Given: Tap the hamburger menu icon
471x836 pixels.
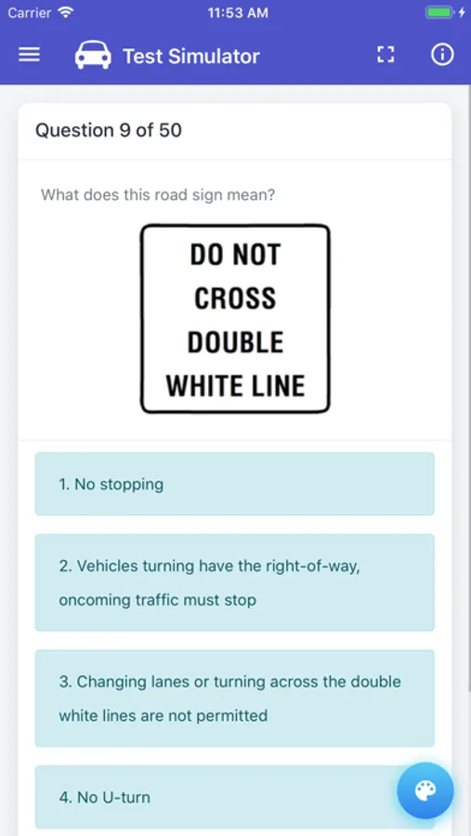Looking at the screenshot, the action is pos(30,55).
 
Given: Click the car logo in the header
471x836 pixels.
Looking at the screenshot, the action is pos(93,55).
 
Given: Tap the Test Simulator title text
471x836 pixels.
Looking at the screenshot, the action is pos(191,56).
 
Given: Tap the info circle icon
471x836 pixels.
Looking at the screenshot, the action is pos(442,55).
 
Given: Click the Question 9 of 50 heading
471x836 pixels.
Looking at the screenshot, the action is pos(109,131).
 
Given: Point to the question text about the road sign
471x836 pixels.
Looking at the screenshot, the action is pos(158,195).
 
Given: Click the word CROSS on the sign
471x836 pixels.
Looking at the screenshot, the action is pos(235,298).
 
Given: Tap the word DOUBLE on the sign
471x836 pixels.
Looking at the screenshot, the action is pos(235,342).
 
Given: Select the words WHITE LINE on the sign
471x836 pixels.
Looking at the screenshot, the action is pos(235,385).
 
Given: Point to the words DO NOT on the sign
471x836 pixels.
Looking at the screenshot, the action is pos(235,255).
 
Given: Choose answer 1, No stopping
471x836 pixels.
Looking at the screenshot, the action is pos(235,484).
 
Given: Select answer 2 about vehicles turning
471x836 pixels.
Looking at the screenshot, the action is pos(235,582).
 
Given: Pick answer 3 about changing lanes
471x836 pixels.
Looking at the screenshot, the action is pos(235,698).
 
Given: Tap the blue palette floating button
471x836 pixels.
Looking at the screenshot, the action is pos(425,790).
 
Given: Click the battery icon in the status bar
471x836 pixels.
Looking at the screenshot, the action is pos(439,12).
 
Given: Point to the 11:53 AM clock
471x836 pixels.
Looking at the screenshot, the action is pos(238,13).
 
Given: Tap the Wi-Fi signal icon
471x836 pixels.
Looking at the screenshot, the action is pos(66,12).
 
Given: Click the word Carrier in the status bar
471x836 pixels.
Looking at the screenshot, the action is pos(30,13).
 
